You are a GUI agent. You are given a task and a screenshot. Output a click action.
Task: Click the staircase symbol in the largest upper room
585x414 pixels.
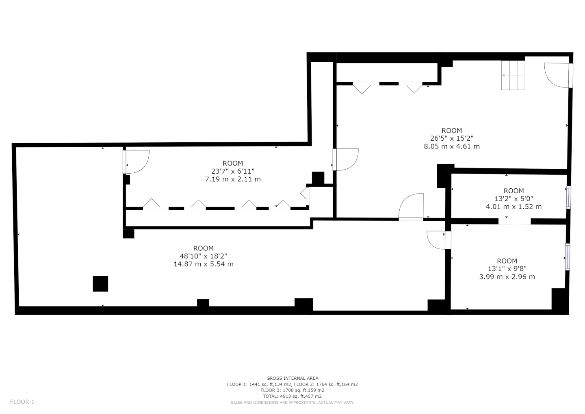click(x=513, y=75)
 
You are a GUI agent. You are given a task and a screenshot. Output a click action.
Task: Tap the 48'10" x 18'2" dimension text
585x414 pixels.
click(x=204, y=256)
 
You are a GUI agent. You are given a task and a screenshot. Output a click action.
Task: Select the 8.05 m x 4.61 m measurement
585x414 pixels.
click(x=452, y=146)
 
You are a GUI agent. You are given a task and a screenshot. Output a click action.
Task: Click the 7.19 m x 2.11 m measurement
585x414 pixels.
click(x=233, y=179)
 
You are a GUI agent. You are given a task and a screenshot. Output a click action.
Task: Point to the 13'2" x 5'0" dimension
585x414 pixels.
click(x=513, y=199)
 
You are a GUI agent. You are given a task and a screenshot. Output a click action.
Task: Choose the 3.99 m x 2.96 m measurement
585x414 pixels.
click(x=507, y=277)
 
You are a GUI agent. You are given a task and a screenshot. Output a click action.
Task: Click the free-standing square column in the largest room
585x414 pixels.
click(x=100, y=283)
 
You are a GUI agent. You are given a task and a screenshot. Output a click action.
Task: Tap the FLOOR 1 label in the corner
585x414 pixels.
click(x=22, y=402)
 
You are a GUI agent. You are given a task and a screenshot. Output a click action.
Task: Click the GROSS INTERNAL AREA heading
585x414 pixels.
click(x=292, y=378)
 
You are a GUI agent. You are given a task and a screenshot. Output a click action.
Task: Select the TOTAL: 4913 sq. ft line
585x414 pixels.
click(x=292, y=396)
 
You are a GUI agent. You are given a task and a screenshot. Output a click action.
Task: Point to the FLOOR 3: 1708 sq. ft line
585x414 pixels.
click(x=292, y=390)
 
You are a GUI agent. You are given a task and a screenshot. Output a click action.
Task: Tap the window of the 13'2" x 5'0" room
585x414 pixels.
click(x=568, y=197)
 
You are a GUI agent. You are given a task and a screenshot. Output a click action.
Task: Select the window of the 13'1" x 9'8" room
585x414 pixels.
click(x=568, y=257)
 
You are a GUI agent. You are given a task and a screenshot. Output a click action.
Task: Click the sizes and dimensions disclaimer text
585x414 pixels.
click(x=292, y=403)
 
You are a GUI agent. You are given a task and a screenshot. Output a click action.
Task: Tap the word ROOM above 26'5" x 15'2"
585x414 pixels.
click(x=452, y=131)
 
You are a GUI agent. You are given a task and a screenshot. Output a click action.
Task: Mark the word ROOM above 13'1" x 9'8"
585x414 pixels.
click(x=507, y=261)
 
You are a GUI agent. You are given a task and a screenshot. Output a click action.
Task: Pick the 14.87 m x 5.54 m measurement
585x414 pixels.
click(x=204, y=264)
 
